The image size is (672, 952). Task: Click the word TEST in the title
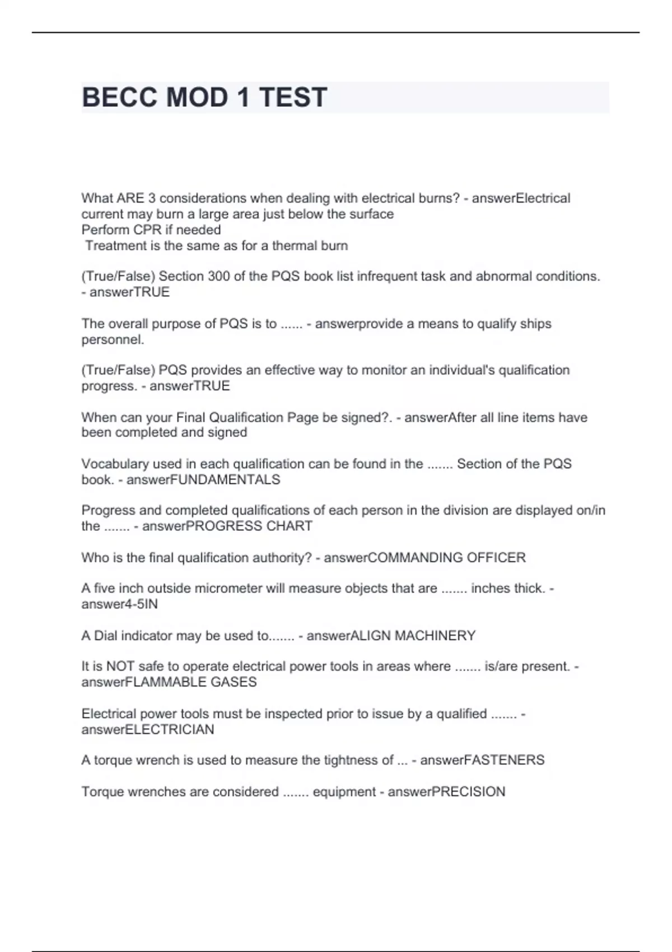pyautogui.click(x=293, y=97)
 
